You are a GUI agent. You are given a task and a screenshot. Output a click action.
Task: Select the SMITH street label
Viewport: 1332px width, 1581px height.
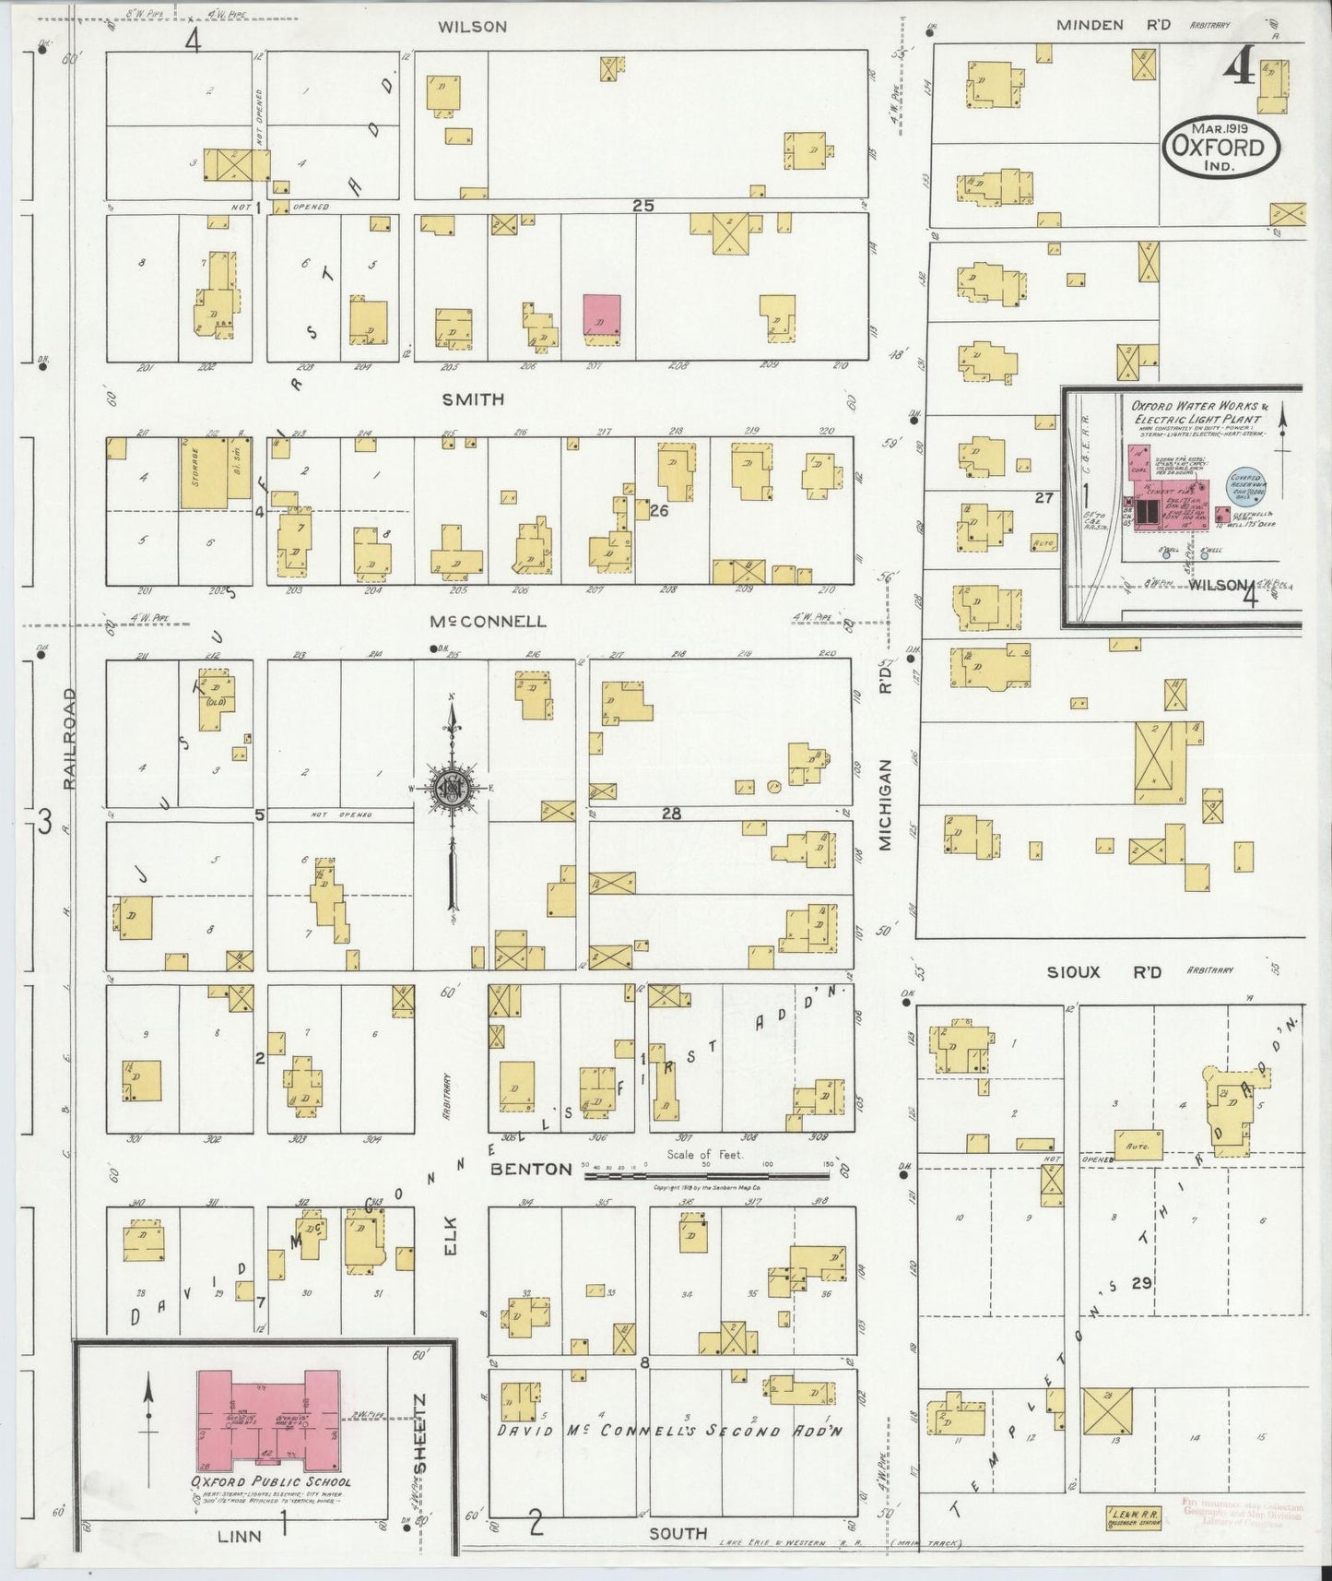pos(473,399)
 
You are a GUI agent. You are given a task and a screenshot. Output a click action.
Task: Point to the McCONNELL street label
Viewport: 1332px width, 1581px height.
pos(488,621)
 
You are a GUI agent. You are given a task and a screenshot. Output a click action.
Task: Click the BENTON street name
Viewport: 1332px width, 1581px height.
pos(531,1169)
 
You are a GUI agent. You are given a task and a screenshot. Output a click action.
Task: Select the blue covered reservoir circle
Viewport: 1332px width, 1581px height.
pos(1245,485)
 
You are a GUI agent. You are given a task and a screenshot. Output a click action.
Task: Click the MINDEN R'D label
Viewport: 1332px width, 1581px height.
pos(1114,25)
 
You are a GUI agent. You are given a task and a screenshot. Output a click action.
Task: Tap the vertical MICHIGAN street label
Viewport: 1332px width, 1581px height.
pos(885,803)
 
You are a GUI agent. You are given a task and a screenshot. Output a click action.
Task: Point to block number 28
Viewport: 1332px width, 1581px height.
pos(671,814)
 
